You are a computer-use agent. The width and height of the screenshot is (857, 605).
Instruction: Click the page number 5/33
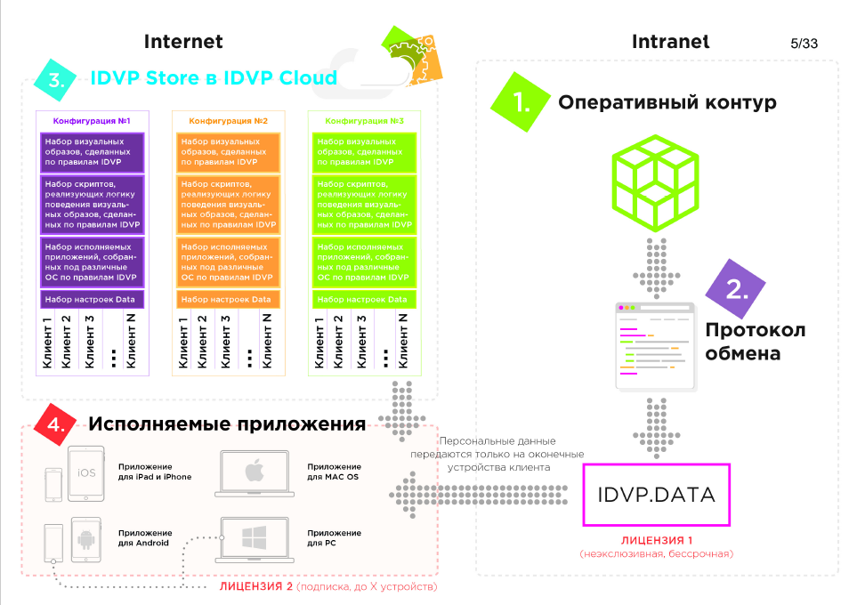804,43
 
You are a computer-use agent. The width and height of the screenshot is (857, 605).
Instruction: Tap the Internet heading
183,41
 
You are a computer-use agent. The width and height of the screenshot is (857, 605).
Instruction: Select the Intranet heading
670,41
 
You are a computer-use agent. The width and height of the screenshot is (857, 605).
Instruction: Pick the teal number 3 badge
56,78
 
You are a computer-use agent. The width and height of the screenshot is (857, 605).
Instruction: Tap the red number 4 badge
53,423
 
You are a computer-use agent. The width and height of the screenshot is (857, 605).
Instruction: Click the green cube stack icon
655,181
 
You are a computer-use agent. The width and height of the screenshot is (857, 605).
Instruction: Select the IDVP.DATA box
656,495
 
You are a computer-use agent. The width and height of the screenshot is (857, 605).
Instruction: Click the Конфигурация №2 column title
228,120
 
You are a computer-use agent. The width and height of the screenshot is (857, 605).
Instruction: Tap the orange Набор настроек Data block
228,300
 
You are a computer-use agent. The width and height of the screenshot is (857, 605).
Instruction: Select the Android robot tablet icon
86,537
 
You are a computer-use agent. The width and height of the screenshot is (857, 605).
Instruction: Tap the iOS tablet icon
87,472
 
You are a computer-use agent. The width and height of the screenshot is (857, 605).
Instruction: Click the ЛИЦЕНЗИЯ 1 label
656,541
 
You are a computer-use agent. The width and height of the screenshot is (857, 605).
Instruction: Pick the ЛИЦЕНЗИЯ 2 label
255,589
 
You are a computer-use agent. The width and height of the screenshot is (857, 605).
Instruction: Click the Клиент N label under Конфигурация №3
403,342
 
